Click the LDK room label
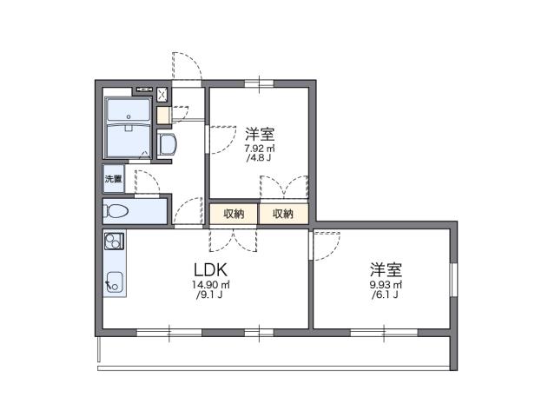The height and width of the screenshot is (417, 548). point(211,269)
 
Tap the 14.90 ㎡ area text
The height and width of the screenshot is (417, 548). point(211,286)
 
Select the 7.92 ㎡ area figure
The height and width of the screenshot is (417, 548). point(260,149)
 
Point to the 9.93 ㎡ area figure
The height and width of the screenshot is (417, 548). point(384,284)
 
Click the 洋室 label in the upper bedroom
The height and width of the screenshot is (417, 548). point(260,134)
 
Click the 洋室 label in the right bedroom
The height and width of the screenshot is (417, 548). point(385,268)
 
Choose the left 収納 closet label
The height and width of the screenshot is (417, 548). point(234,214)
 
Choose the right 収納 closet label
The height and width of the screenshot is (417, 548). point(283,214)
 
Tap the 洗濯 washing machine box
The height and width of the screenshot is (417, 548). point(114,179)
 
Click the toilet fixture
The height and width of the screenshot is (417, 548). point(118,211)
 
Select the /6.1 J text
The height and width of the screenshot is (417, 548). point(384,296)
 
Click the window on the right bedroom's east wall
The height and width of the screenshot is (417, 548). point(452,277)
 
